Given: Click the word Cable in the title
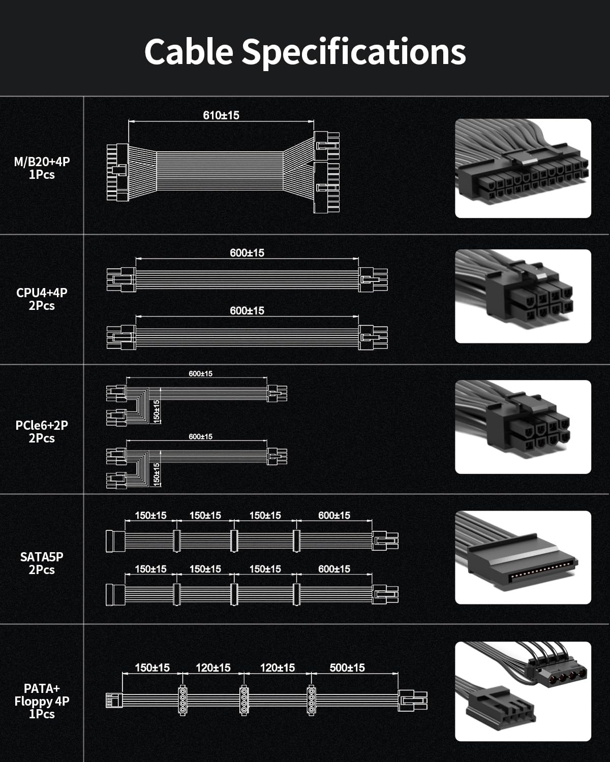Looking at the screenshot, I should click(x=189, y=51).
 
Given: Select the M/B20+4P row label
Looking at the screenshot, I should click(x=42, y=168).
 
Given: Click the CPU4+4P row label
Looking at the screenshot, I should click(x=42, y=299).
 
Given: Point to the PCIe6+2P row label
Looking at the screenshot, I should click(x=42, y=431).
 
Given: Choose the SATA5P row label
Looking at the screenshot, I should click(x=42, y=563).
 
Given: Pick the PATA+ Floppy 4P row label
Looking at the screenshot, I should click(x=42, y=701).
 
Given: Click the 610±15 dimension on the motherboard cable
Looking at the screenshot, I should click(x=221, y=115).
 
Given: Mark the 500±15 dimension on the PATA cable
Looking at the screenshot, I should click(x=347, y=668).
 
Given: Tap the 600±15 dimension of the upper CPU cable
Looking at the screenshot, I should click(x=247, y=252).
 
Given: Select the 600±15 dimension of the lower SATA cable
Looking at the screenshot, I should click(x=334, y=569).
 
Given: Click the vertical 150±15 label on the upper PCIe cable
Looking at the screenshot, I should click(x=157, y=410).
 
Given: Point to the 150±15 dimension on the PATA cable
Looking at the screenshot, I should click(x=152, y=668).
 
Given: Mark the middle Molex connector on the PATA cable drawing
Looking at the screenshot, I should click(x=244, y=701).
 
